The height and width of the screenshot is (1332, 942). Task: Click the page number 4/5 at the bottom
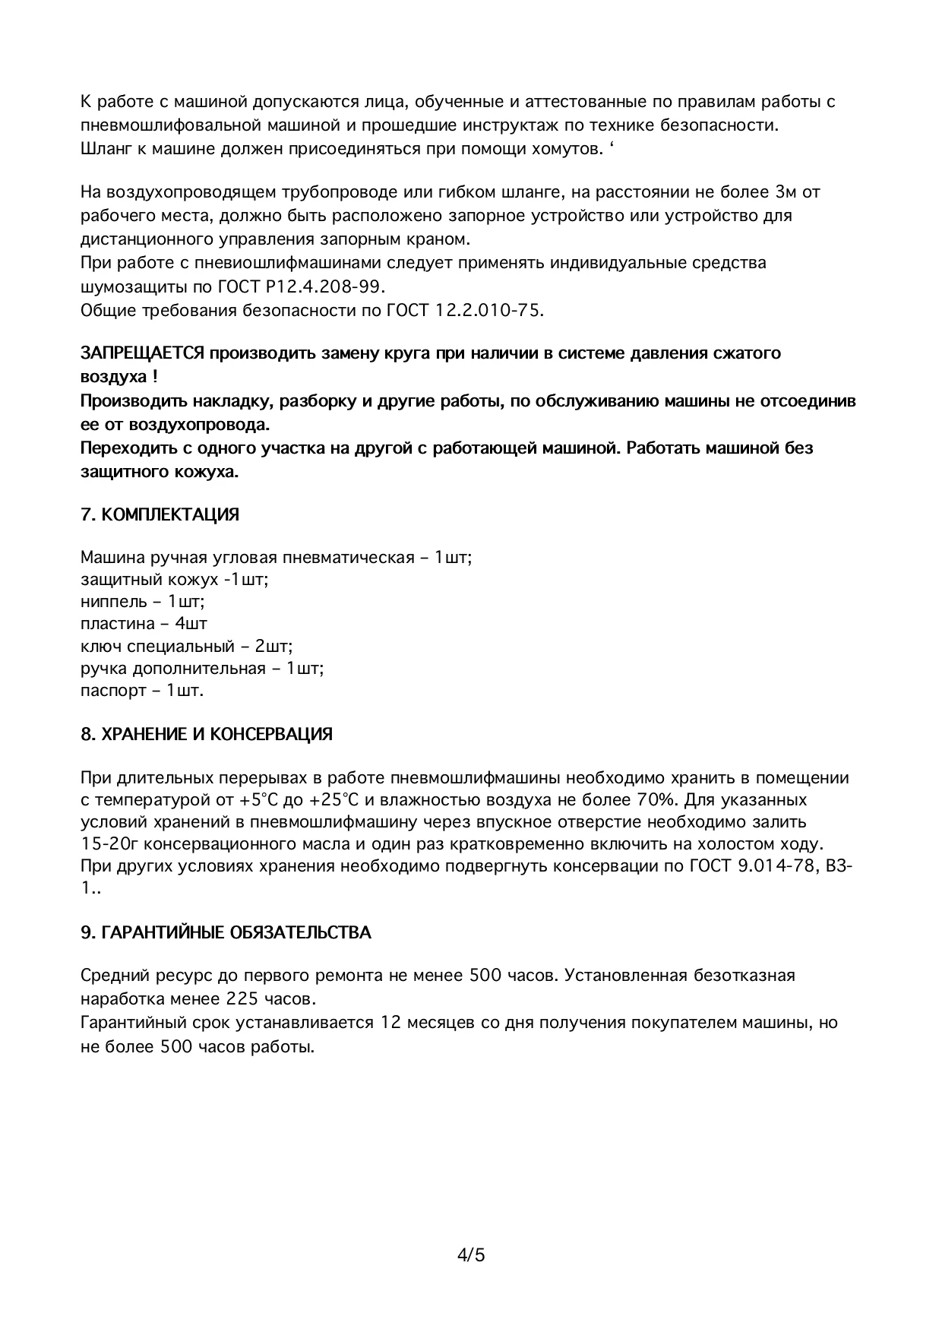coord(471,1254)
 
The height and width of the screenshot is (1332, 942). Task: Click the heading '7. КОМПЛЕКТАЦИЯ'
coord(160,515)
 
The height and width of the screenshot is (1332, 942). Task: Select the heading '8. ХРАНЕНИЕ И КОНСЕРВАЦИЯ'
coord(207,735)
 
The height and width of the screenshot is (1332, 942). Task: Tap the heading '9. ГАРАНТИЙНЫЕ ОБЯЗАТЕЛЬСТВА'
coord(226,932)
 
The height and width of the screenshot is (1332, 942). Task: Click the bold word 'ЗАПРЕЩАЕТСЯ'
coord(142,353)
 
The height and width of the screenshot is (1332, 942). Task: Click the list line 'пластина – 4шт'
coord(144,624)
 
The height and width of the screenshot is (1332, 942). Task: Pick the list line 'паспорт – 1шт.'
coord(142,691)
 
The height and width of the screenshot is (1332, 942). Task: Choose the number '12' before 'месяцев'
coord(391,1023)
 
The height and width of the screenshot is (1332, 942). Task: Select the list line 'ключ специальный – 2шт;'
coord(187,647)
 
